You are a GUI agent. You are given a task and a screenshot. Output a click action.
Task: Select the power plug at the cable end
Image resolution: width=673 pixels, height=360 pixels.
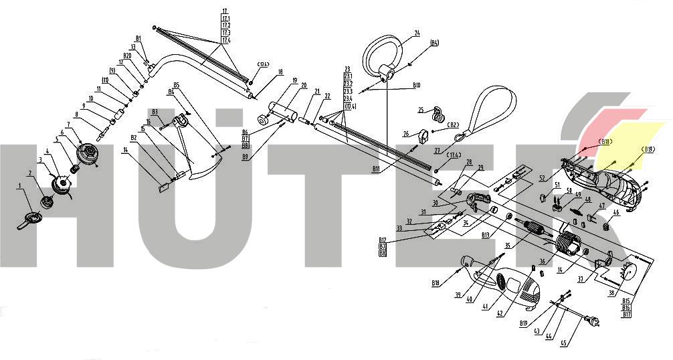pyautogui.click(x=591, y=321)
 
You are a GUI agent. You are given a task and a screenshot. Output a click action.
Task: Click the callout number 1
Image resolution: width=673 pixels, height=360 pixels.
pyautogui.click(x=20, y=187)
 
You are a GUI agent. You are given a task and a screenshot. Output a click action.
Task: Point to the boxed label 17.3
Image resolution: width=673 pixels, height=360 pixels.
pyautogui.click(x=225, y=32)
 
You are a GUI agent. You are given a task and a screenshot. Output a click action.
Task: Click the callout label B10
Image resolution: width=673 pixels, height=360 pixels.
pyautogui.click(x=416, y=86)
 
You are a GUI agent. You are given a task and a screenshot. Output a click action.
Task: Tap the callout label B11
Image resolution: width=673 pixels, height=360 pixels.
pyautogui.click(x=377, y=171)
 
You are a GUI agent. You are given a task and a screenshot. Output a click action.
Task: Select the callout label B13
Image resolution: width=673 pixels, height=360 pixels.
pyautogui.click(x=486, y=235)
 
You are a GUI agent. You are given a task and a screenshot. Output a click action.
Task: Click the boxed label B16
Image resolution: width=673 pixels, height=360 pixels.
pyautogui.click(x=627, y=307)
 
